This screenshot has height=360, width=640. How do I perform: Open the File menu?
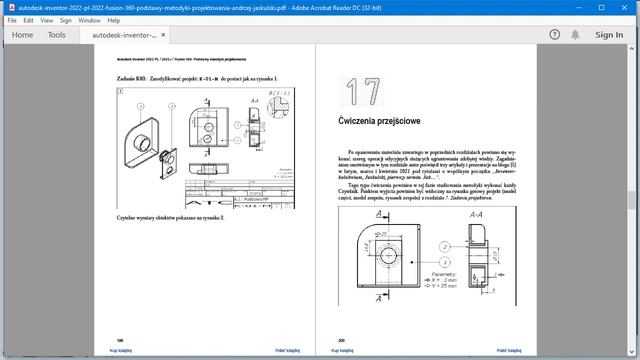pos(12,19)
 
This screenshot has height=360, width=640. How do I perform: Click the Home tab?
pos(21,34)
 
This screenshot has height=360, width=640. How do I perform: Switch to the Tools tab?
pos(57,34)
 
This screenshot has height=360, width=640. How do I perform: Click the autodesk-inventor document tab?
pos(123,34)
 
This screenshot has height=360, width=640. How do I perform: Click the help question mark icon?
pos(554,34)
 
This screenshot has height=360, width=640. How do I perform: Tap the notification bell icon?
pos(577,34)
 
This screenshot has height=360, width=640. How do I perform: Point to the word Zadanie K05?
pos(132,78)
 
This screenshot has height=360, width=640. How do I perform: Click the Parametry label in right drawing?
pos(444,271)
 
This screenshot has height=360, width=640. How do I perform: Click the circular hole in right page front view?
pos(386,258)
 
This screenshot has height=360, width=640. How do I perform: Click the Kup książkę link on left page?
pos(120,350)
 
